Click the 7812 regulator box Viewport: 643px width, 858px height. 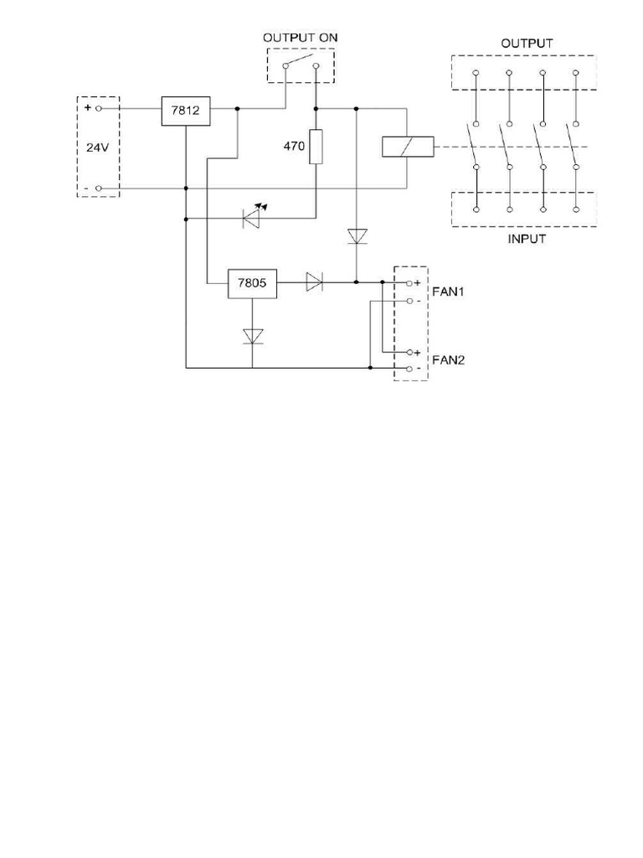[x=185, y=111]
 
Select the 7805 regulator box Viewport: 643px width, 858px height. [x=252, y=283]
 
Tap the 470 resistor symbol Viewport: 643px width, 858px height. [x=316, y=147]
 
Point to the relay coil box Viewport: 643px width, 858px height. [x=407, y=147]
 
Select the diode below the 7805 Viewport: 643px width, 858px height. [x=253, y=336]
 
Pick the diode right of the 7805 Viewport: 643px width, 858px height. [x=314, y=282]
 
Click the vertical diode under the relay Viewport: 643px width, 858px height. [x=358, y=236]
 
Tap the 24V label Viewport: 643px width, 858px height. [x=98, y=147]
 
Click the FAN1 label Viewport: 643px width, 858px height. [x=448, y=292]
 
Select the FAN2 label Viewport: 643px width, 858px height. [x=448, y=360]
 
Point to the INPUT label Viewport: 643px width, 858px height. [x=527, y=239]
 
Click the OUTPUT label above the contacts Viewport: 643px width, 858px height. [x=527, y=43]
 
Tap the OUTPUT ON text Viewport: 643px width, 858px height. [x=301, y=38]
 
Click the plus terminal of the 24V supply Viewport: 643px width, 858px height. [x=99, y=109]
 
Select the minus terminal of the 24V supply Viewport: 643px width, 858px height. [x=99, y=189]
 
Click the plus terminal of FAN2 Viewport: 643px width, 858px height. [x=409, y=353]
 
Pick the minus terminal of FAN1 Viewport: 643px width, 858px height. [x=409, y=300]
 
